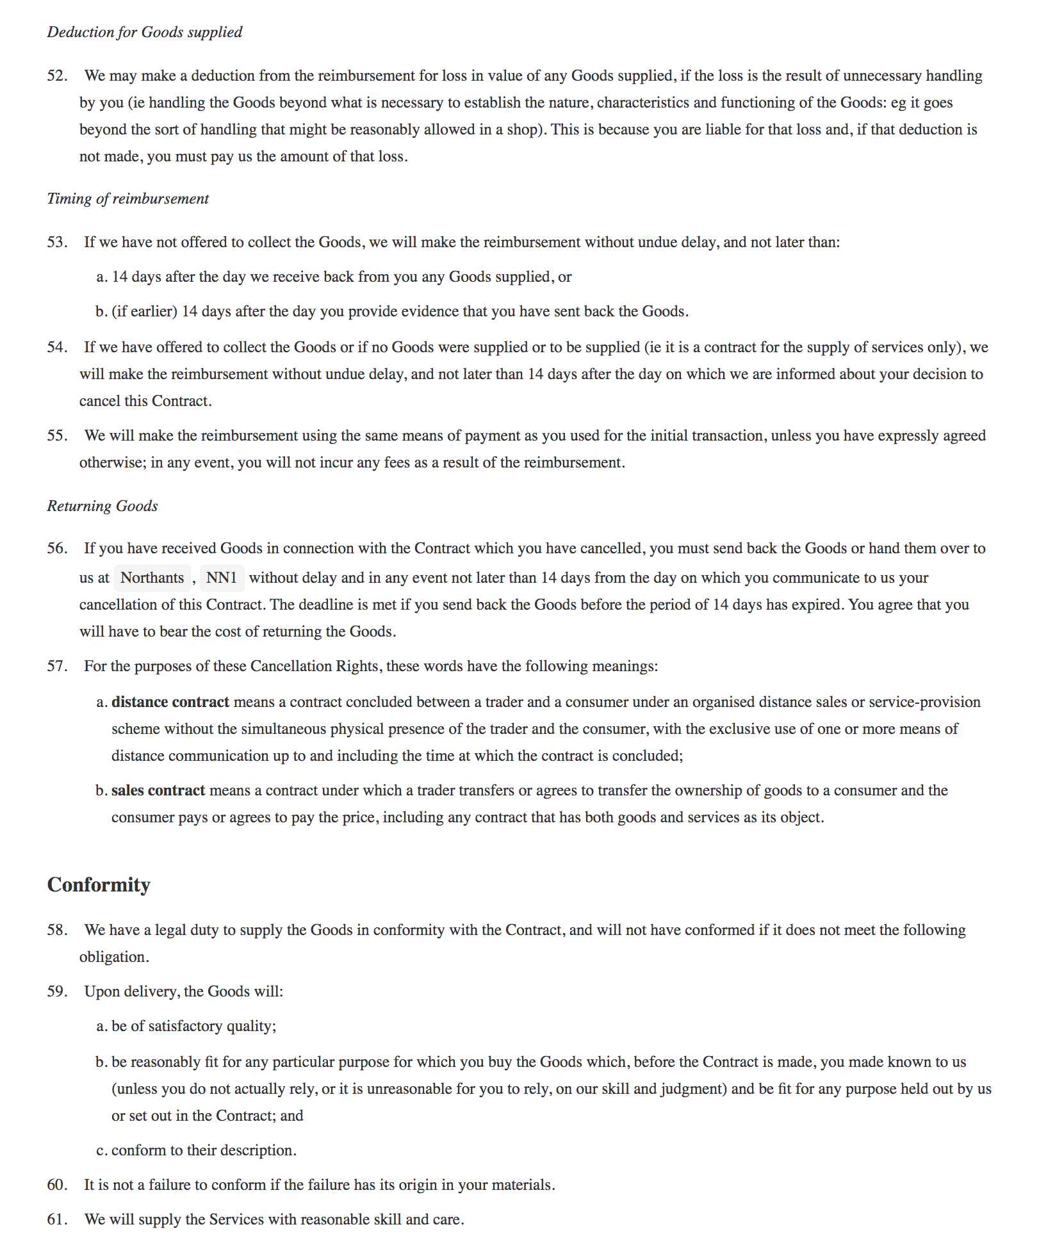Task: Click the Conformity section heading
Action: (x=99, y=884)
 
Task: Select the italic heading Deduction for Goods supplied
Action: (x=145, y=32)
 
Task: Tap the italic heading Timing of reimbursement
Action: (x=128, y=199)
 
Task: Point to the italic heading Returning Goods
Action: (x=102, y=506)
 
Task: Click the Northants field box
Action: (x=152, y=578)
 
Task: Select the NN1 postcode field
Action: (x=222, y=578)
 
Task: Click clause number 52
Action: (x=57, y=76)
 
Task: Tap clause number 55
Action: (x=57, y=435)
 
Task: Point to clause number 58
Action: (x=57, y=930)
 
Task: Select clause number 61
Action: (x=57, y=1219)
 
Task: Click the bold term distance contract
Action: (x=170, y=702)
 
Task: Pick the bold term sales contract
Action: (x=158, y=790)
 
